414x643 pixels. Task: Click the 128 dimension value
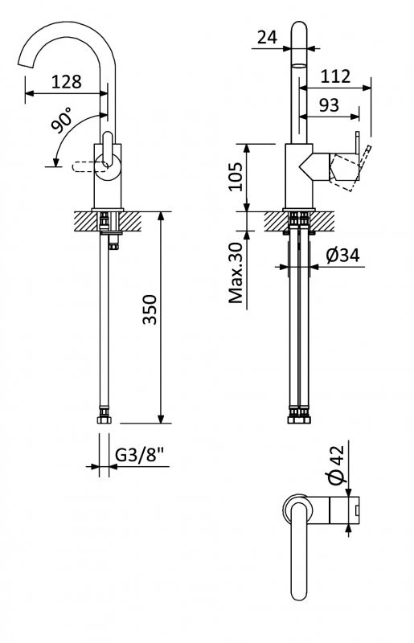(x=67, y=82)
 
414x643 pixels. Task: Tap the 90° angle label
(x=62, y=120)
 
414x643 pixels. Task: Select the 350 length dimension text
(x=150, y=309)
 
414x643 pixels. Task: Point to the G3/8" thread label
(x=139, y=454)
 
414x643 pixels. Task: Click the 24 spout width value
(x=267, y=37)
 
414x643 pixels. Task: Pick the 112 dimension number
(x=335, y=76)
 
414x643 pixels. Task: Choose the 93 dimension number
(x=329, y=105)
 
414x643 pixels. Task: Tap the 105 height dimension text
(x=236, y=176)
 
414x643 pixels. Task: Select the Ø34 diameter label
(x=342, y=256)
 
